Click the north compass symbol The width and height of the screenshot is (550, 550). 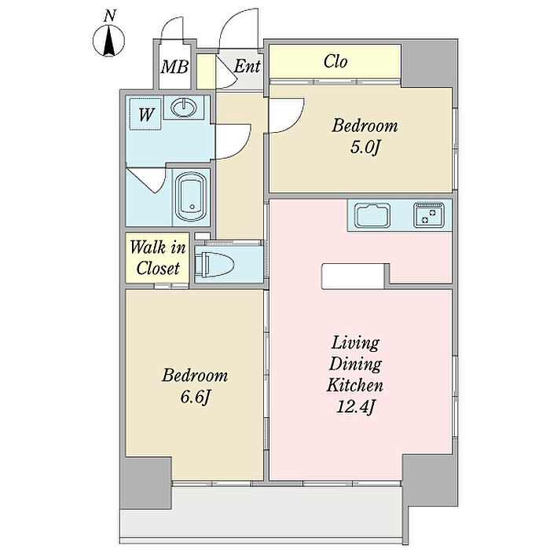pyautogui.click(x=108, y=42)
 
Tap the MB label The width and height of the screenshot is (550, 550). pyautogui.click(x=174, y=66)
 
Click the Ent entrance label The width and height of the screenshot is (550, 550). pyautogui.click(x=247, y=66)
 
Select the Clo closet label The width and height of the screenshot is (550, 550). pyautogui.click(x=335, y=61)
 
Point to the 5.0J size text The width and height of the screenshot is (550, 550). pyautogui.click(x=365, y=148)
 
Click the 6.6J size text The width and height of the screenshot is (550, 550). pyautogui.click(x=195, y=398)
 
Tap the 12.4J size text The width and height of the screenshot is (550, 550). pyautogui.click(x=355, y=407)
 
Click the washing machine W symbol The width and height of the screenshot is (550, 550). pyautogui.click(x=145, y=115)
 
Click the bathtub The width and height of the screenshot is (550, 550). pyautogui.click(x=192, y=197)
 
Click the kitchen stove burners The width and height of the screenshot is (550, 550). pyautogui.click(x=429, y=214)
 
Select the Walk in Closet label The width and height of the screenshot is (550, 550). pyautogui.click(x=158, y=258)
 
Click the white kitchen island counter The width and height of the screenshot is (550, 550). pyautogui.click(x=353, y=277)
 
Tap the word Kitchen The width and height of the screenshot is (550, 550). pyautogui.click(x=354, y=386)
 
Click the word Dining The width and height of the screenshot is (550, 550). pyautogui.click(x=355, y=364)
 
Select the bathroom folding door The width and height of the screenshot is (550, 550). pyautogui.click(x=148, y=180)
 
